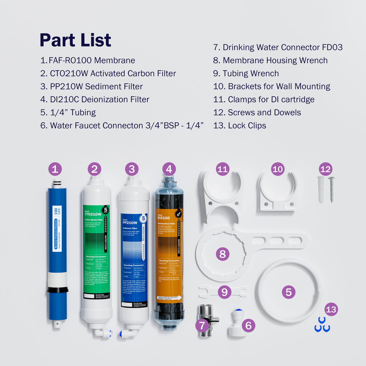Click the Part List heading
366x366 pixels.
[75, 40]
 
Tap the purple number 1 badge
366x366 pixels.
[55, 169]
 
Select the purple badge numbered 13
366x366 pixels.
[331, 309]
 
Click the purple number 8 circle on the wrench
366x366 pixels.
[222, 254]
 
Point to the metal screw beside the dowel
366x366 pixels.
[332, 189]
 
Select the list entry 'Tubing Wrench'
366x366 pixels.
[246, 74]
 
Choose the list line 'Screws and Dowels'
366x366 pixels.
[257, 112]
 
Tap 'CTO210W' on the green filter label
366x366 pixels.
[93, 214]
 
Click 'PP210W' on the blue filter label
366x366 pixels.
[130, 223]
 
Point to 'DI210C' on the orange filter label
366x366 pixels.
[164, 218]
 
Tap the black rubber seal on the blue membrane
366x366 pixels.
[57, 290]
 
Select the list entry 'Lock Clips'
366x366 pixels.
[239, 126]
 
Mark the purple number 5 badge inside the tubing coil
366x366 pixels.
[289, 292]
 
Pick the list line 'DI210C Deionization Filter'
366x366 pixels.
[95, 99]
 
